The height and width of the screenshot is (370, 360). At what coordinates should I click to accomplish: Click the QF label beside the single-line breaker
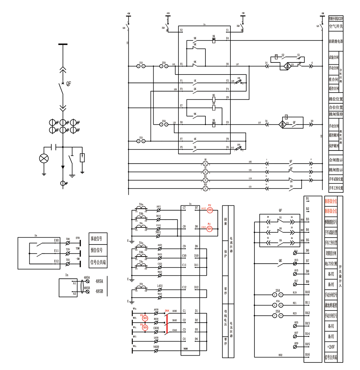(x=69, y=84)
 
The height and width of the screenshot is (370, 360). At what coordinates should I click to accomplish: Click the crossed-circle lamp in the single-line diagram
(x=44, y=158)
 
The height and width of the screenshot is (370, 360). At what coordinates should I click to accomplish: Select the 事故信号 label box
(x=97, y=239)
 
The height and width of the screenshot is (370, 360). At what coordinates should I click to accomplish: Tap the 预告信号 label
(x=97, y=250)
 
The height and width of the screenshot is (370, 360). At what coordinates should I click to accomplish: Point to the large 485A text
(x=99, y=281)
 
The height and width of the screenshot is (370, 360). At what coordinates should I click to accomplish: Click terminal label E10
(x=56, y=240)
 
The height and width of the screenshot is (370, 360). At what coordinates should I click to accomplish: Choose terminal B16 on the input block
(x=307, y=354)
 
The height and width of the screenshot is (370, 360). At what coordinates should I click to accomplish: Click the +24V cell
(x=331, y=347)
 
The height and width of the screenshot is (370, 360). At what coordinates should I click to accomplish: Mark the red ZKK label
(x=167, y=311)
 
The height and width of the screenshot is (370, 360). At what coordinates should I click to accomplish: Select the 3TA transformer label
(x=141, y=284)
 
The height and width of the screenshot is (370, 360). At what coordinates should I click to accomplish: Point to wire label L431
(x=160, y=286)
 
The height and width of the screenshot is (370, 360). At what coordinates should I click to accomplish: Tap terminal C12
(x=184, y=287)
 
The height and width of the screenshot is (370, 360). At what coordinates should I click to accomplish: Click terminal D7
(x=196, y=208)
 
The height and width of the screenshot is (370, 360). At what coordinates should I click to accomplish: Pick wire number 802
(x=280, y=355)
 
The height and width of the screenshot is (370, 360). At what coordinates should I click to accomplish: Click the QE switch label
(x=280, y=261)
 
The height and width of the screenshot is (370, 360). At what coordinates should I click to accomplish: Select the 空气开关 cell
(x=336, y=26)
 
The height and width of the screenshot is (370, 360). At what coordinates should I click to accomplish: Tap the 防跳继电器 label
(x=336, y=41)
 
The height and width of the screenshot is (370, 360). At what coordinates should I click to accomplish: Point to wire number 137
(x=259, y=123)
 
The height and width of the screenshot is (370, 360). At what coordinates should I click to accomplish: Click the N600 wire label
(x=156, y=347)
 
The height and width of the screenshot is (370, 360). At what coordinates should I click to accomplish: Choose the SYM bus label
(x=77, y=238)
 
